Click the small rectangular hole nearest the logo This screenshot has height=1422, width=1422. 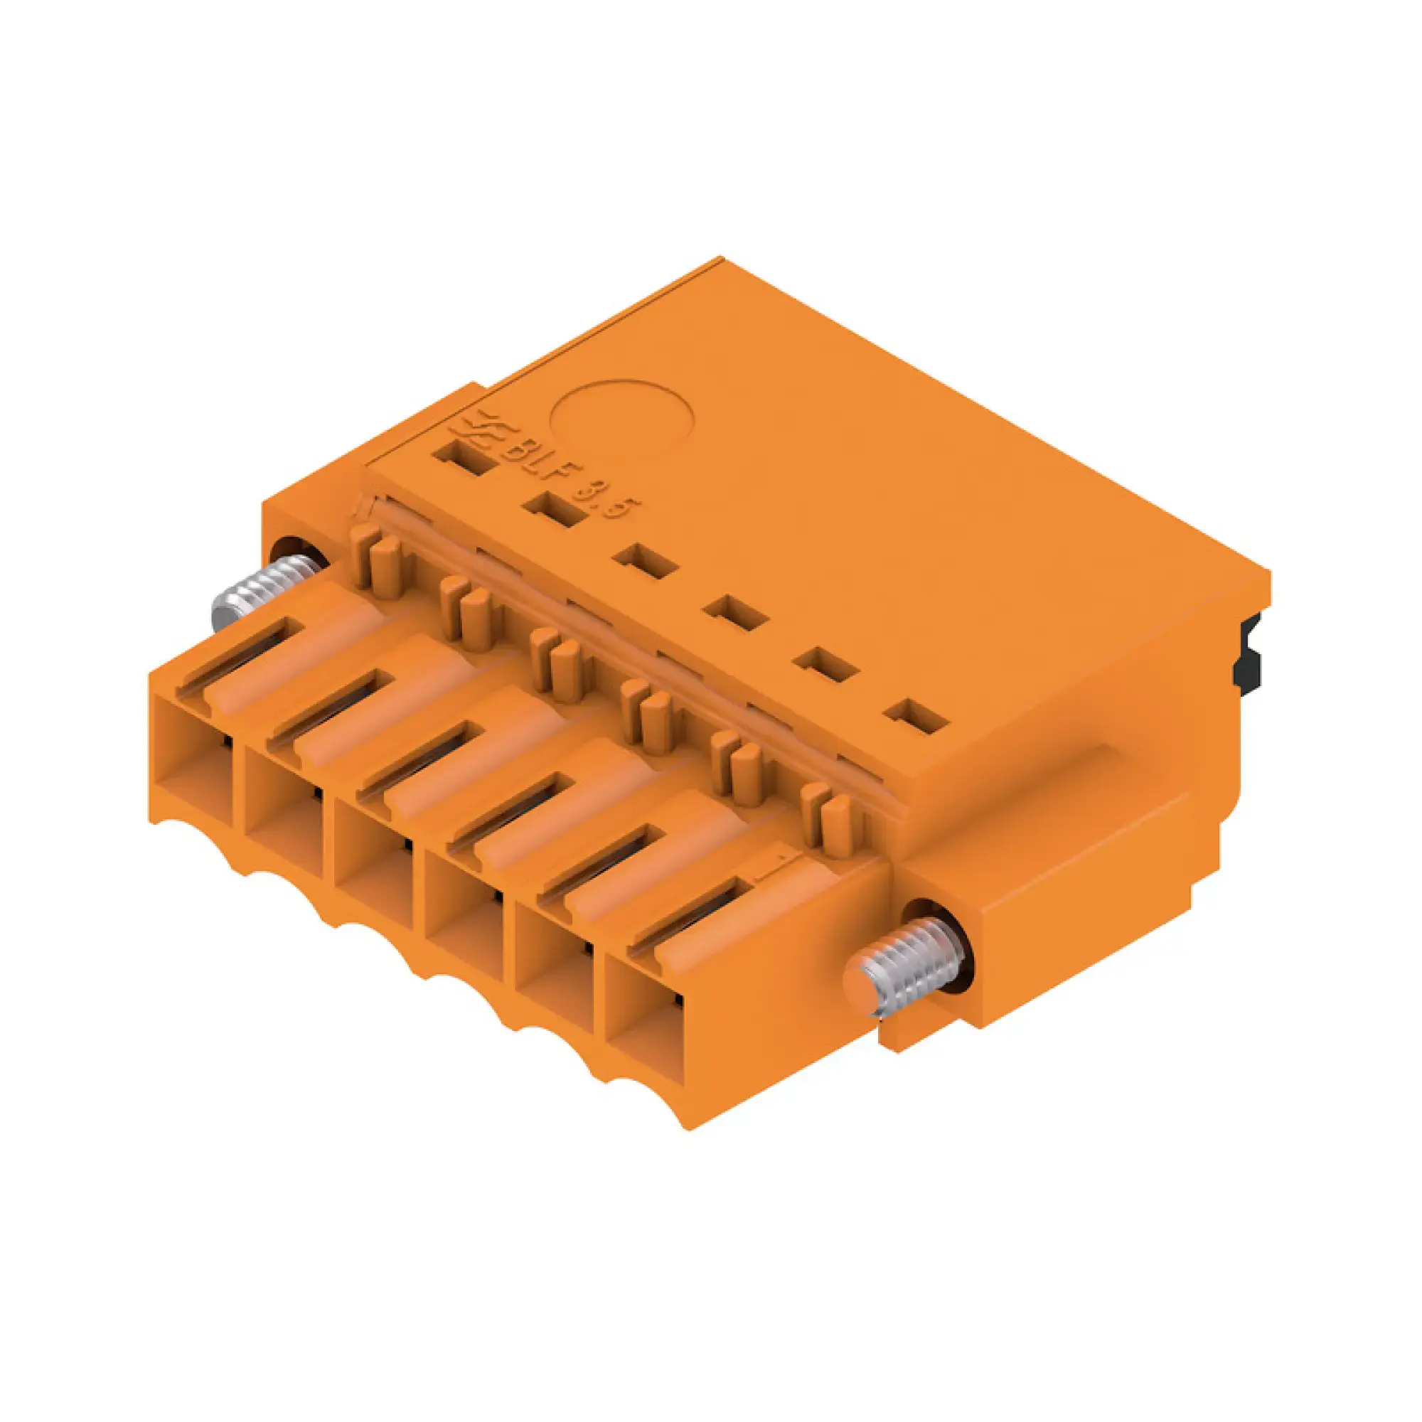pyautogui.click(x=463, y=457)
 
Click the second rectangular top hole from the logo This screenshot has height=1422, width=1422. pyautogui.click(x=555, y=509)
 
